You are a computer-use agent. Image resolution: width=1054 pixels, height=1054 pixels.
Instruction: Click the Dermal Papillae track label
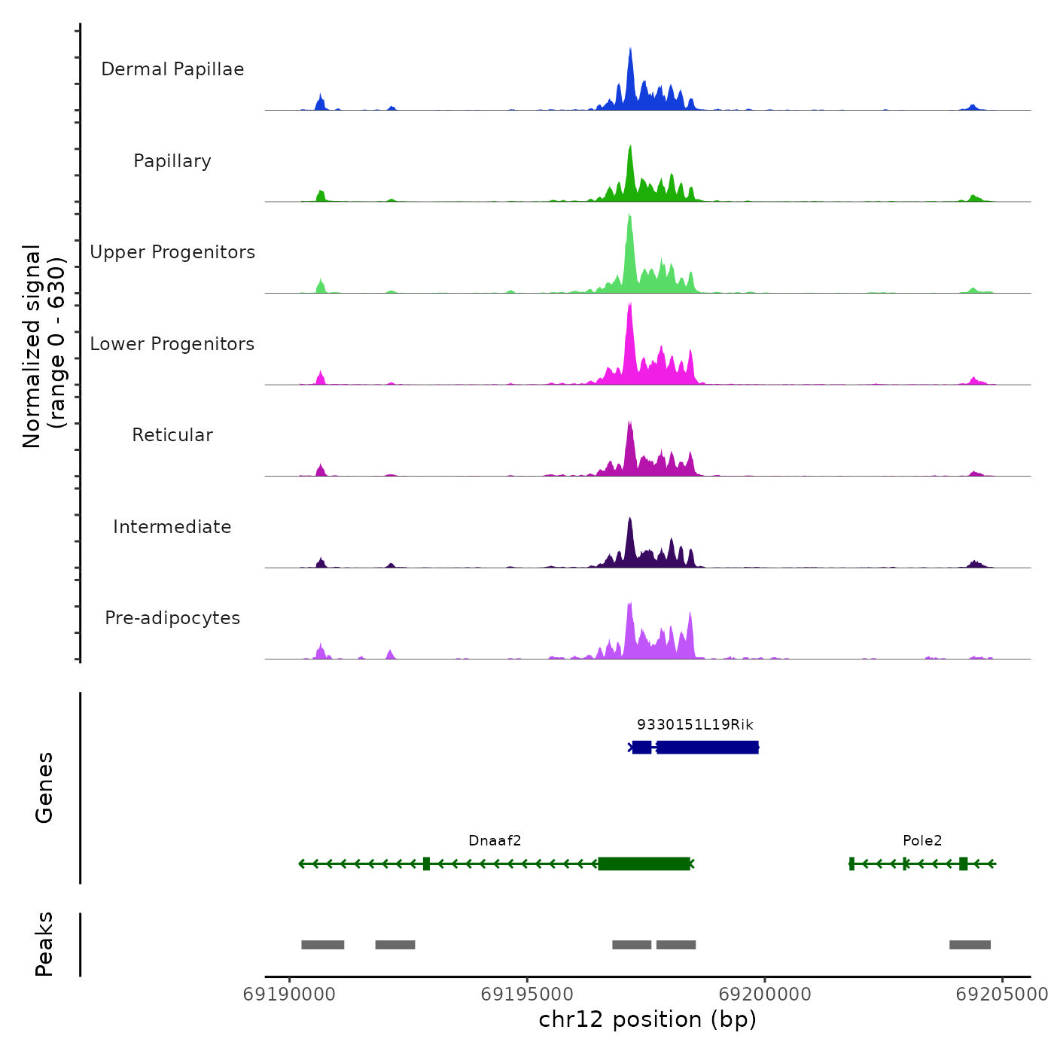tap(172, 69)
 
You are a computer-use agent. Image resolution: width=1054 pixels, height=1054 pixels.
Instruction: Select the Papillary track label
tap(172, 161)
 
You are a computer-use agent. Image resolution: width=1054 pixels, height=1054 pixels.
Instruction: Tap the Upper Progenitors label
tap(172, 252)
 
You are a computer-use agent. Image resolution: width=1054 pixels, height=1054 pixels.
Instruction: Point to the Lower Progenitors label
tap(172, 344)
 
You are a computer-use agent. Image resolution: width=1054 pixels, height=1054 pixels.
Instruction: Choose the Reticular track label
tap(172, 435)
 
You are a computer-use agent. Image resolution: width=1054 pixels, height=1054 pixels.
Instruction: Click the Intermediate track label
tap(172, 527)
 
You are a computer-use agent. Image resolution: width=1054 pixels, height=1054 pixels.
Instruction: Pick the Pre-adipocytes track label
tap(172, 618)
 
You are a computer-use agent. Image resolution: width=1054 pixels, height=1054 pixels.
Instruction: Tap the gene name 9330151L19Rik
tap(695, 725)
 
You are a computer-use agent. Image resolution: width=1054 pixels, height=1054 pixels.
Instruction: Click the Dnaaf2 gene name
tap(495, 841)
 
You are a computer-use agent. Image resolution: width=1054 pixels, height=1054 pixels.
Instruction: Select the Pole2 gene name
tap(922, 841)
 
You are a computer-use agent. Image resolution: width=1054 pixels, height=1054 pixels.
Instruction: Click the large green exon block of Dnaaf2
tap(644, 864)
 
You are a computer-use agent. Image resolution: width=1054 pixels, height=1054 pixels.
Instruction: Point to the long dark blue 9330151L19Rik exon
tap(708, 747)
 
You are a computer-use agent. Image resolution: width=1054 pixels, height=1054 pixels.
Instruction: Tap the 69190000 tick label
tap(289, 995)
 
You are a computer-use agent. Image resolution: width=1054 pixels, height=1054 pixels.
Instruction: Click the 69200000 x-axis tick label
tap(765, 995)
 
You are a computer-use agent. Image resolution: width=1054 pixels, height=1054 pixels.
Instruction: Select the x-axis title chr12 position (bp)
tap(647, 1020)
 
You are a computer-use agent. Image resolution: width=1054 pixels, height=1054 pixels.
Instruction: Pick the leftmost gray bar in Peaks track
tap(323, 945)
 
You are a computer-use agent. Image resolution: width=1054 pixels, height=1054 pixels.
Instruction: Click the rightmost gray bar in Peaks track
tap(970, 945)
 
